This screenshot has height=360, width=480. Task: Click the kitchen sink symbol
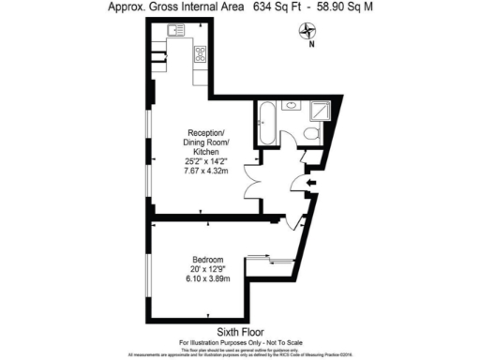point(174,32)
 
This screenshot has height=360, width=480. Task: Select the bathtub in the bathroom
point(264,127)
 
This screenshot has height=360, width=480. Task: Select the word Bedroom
point(208,260)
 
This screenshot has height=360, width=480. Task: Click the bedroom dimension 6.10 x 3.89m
point(208,278)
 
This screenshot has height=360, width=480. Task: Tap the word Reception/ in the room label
point(205,132)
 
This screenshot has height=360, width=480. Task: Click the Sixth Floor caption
point(240,332)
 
